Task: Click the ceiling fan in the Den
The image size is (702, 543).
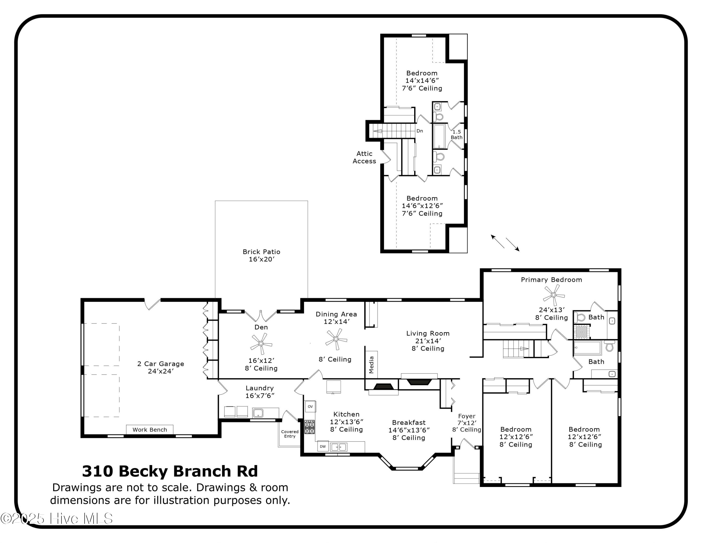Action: (x=261, y=344)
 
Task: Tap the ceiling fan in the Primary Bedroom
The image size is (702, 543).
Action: (x=553, y=295)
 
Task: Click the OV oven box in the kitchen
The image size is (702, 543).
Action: (x=310, y=407)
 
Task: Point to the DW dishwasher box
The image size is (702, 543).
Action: (x=323, y=446)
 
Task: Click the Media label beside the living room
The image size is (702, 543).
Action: (x=371, y=364)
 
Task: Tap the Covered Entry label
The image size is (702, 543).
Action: (x=290, y=434)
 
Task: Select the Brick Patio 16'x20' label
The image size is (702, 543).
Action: (x=261, y=255)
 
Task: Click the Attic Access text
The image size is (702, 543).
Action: (x=364, y=157)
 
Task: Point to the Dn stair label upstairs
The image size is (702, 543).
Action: (x=420, y=131)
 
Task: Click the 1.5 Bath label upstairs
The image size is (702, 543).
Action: (x=457, y=134)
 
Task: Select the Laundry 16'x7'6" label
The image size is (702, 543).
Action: (x=260, y=392)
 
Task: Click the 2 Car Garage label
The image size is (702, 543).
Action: (x=161, y=367)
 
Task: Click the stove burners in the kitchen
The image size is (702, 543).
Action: (x=310, y=427)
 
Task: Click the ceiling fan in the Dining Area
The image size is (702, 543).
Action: (x=336, y=339)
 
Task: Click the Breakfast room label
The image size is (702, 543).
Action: (x=409, y=423)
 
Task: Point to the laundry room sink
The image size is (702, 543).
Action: (x=258, y=413)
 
